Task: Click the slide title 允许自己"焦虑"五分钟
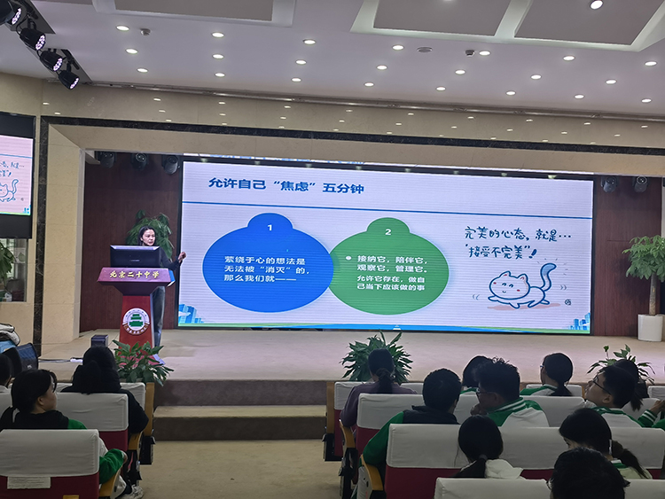pyautogui.click(x=266, y=183)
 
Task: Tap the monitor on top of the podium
pyautogui.click(x=135, y=256)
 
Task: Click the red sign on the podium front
pyautogui.click(x=136, y=275)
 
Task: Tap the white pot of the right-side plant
pyautogui.click(x=651, y=327)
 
